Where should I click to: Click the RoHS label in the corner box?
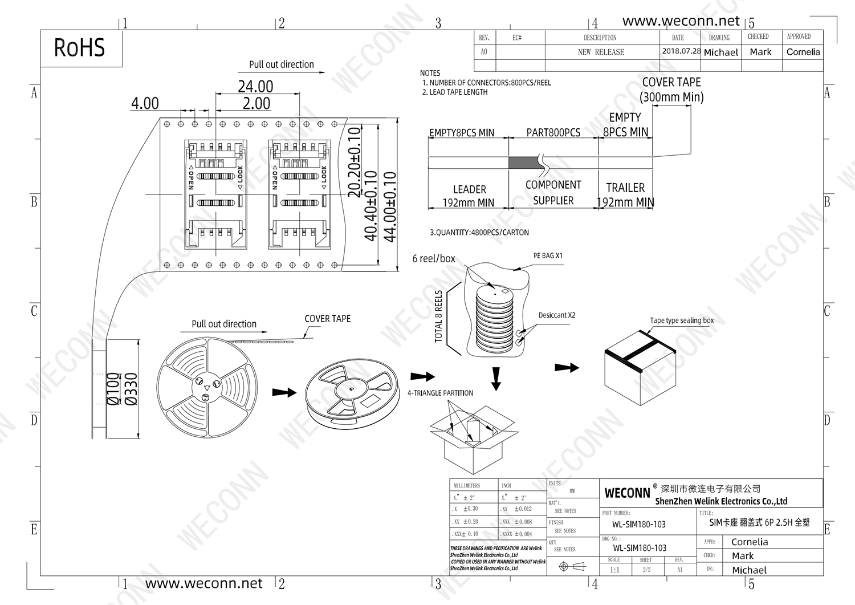[x=79, y=48]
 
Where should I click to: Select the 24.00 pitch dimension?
[x=255, y=87]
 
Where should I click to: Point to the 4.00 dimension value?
[x=145, y=103]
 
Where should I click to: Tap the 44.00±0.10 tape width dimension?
[x=390, y=206]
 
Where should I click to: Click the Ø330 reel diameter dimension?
[x=131, y=389]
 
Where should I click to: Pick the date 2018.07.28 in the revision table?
[x=681, y=51]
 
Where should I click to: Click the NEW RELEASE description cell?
[x=601, y=52]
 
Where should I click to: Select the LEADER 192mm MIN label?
[x=469, y=196]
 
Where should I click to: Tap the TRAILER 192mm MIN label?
[x=625, y=195]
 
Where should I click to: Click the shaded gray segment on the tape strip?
[x=525, y=163]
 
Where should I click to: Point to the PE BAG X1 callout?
[x=548, y=256]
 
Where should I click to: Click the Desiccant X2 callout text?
[x=557, y=315]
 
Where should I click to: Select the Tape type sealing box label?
[x=682, y=320]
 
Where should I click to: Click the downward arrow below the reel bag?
[x=496, y=378]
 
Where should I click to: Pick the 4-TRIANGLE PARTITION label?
[x=440, y=393]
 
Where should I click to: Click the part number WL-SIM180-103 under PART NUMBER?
[x=638, y=525]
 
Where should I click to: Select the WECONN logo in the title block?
[x=627, y=493]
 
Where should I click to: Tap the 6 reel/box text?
[x=434, y=259]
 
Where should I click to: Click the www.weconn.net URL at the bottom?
[x=203, y=583]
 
